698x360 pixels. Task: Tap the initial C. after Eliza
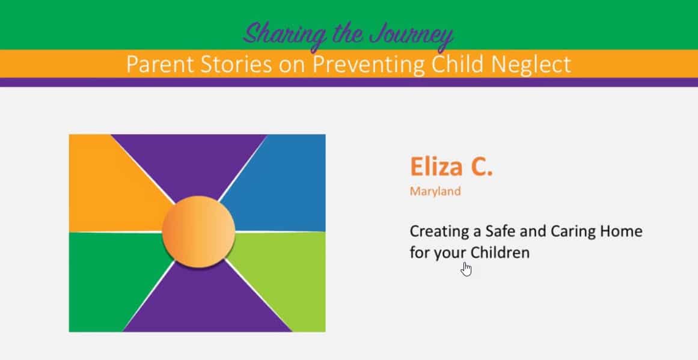point(482,166)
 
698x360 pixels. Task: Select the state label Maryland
point(435,192)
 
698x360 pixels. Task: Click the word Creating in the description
point(438,232)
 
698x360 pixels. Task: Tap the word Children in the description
point(500,252)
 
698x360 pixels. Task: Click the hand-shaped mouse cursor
point(467,269)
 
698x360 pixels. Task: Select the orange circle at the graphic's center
point(198,231)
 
